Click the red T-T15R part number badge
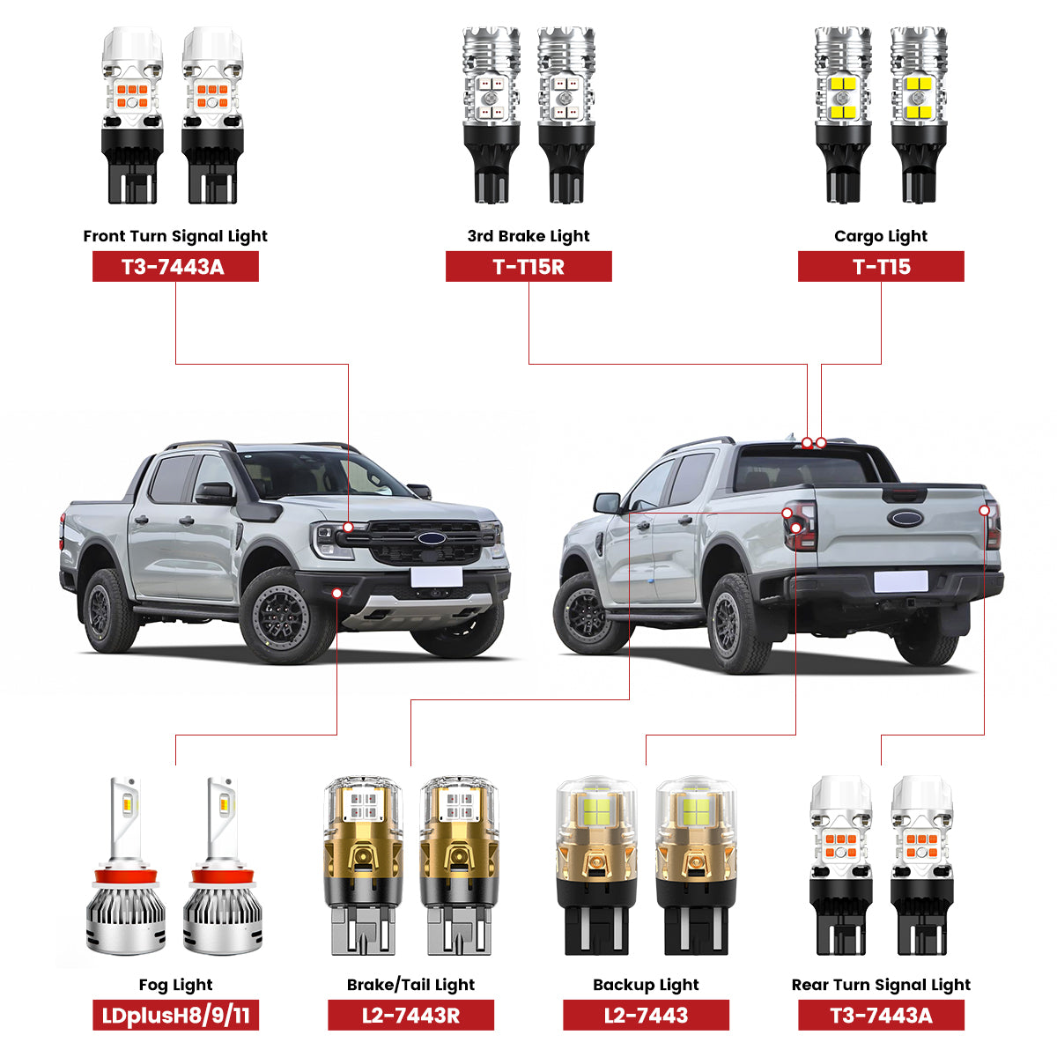[528, 267]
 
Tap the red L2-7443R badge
[410, 1015]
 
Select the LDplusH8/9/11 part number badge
[175, 1015]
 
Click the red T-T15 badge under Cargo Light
[881, 267]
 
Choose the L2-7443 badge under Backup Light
[647, 1015]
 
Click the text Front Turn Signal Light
[175, 236]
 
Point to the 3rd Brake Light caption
[528, 236]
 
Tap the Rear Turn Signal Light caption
[881, 985]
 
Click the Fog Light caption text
[175, 985]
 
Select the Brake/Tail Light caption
[410, 985]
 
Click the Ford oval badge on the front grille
[432, 538]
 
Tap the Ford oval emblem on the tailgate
[905, 518]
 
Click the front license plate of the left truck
[437, 578]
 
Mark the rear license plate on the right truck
[901, 581]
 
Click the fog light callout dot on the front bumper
[336, 593]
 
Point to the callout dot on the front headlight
[348, 527]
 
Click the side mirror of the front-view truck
[215, 493]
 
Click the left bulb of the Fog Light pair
[126, 866]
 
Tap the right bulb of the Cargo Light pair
[919, 115]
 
